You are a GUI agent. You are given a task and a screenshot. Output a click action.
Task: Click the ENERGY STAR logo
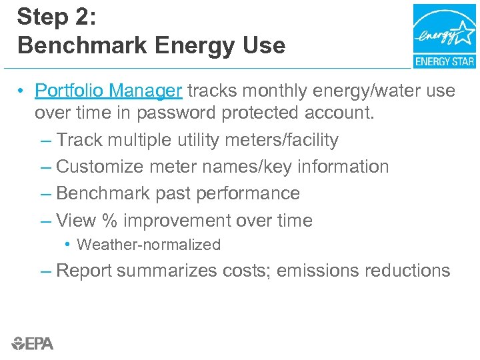tap(444, 36)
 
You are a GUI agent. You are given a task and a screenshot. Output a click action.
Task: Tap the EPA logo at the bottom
tap(32, 343)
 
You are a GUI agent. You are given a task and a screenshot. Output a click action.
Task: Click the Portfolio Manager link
tap(109, 90)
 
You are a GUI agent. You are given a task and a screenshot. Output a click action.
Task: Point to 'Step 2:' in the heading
tap(57, 17)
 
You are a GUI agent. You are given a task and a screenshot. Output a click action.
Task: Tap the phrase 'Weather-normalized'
tap(149, 245)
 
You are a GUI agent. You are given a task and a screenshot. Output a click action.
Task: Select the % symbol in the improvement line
tap(110, 220)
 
